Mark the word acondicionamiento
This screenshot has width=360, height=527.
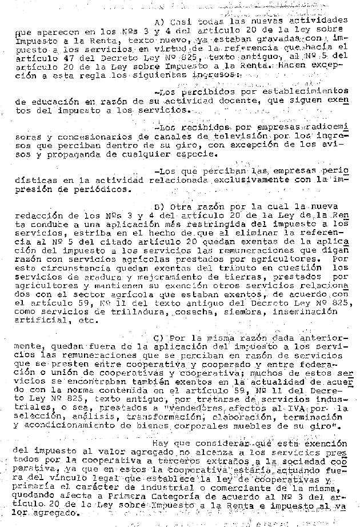(61, 426)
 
